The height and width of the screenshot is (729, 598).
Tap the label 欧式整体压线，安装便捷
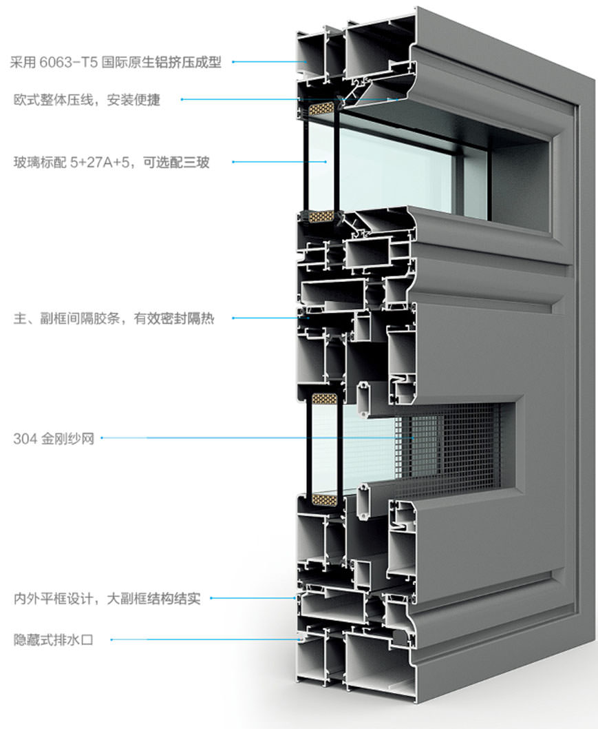[87, 100]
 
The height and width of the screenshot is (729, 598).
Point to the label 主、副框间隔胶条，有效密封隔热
[114, 319]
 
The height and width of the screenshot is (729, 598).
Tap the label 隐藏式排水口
[53, 640]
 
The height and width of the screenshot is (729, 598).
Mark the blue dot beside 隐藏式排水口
[111, 640]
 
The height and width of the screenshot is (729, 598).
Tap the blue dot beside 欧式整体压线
[182, 100]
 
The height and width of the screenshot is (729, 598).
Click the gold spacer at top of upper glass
[321, 108]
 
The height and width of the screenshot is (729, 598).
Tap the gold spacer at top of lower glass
[323, 398]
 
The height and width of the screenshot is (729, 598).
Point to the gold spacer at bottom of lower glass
[323, 497]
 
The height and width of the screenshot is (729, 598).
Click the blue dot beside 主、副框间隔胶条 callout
[233, 318]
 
